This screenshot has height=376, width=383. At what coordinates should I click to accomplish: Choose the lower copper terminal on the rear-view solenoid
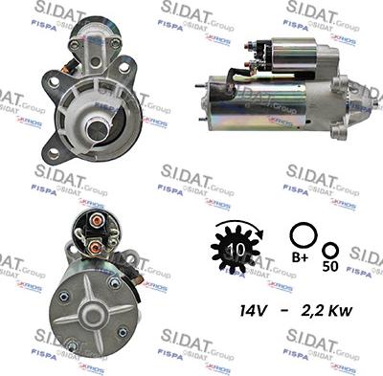[x=95, y=247]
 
